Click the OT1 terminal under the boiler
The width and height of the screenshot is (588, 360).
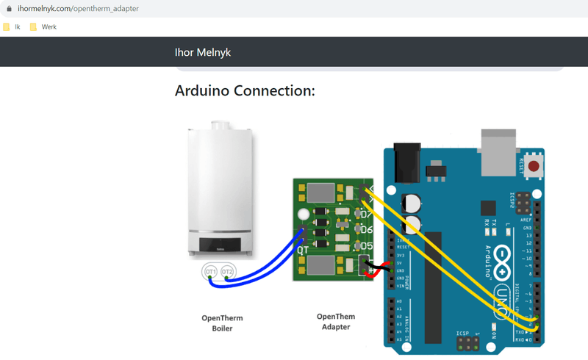coord(211,273)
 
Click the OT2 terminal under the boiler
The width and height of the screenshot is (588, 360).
coord(228,273)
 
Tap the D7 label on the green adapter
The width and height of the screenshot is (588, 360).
coord(367,215)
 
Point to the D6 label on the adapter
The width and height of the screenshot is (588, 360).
coord(367,230)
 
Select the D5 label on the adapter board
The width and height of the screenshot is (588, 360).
coord(367,246)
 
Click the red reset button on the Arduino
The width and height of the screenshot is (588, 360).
coord(533,166)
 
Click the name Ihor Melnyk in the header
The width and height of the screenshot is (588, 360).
coord(203,52)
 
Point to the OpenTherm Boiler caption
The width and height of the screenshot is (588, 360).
coord(222,323)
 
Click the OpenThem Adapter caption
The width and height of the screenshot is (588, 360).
coord(336,322)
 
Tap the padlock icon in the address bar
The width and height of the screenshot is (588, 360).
coord(9,9)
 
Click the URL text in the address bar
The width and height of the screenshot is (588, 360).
coord(77,9)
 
